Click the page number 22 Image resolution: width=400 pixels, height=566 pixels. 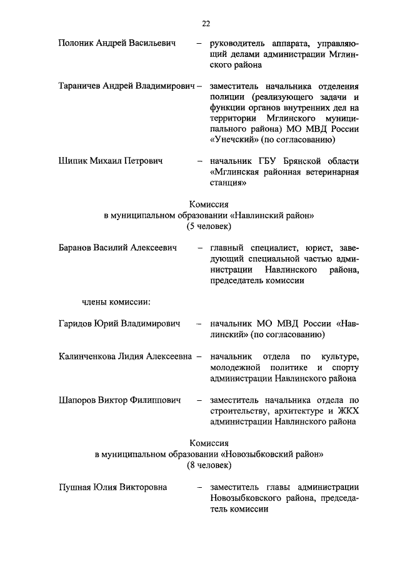pos(206,24)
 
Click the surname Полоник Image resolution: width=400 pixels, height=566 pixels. pos(76,44)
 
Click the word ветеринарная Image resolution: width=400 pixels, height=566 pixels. pos(332,173)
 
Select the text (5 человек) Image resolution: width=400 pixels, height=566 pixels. pos(209,226)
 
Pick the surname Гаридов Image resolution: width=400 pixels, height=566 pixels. pos(76,324)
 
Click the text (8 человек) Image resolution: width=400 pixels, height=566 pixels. pos(209,465)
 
